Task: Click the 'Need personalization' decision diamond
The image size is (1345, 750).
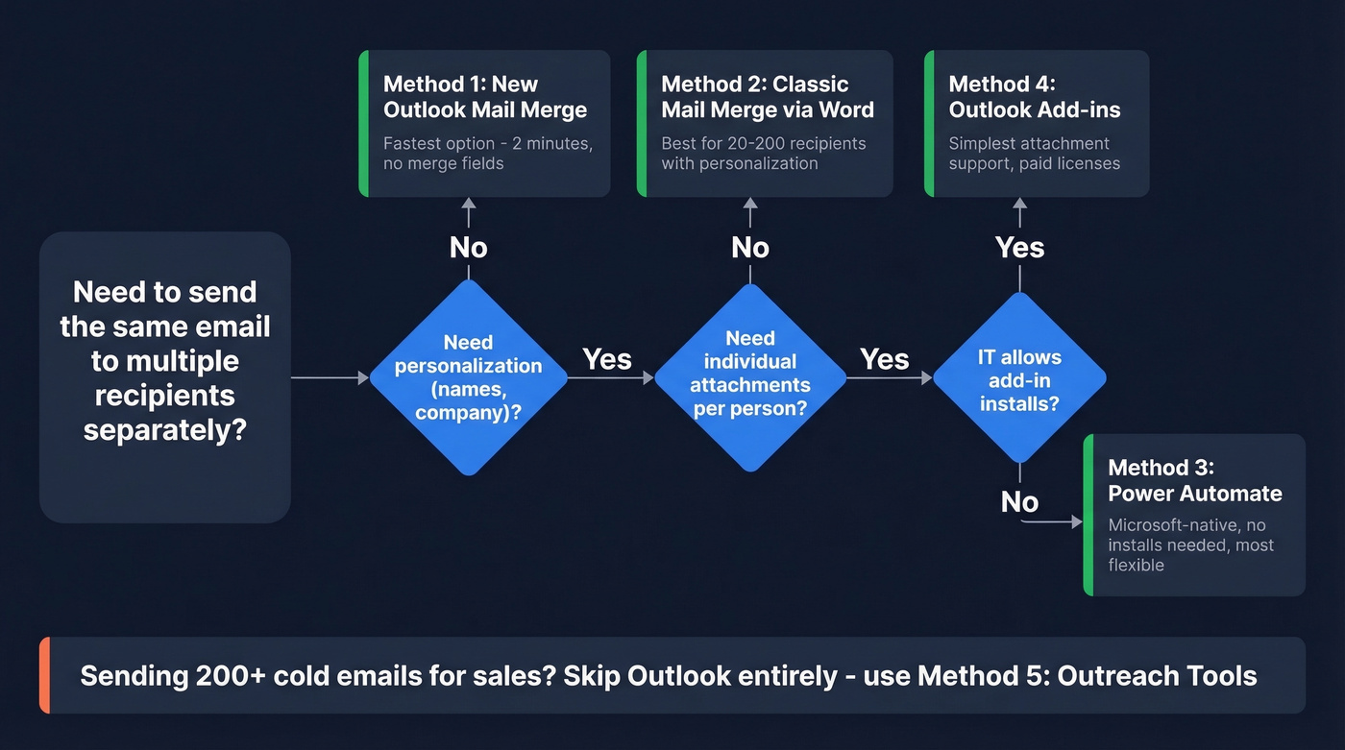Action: pos(468,377)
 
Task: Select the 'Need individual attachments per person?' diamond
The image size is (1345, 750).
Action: pos(749,377)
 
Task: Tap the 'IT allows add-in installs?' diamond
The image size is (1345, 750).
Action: pos(1019,378)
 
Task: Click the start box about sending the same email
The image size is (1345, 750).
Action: pos(164,377)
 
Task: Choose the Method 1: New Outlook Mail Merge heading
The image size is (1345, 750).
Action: pos(484,97)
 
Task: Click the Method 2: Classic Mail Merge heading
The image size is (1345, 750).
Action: pos(767,97)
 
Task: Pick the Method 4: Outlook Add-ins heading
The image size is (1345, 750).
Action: pos(1034,97)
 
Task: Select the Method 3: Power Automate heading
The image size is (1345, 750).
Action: pos(1194,480)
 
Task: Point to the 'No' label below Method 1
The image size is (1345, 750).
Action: pos(468,248)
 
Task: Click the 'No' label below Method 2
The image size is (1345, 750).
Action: pos(749,248)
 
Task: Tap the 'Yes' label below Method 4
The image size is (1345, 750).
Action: pos(1019,248)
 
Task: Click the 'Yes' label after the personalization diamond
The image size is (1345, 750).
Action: pos(607,359)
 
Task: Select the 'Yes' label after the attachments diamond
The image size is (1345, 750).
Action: pos(884,359)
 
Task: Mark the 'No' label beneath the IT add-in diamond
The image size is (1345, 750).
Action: pos(1019,502)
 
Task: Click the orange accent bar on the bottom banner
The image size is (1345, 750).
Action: pos(44,675)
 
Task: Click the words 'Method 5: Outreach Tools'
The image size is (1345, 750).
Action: pos(1087,675)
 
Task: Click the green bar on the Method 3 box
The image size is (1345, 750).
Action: pos(1088,515)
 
